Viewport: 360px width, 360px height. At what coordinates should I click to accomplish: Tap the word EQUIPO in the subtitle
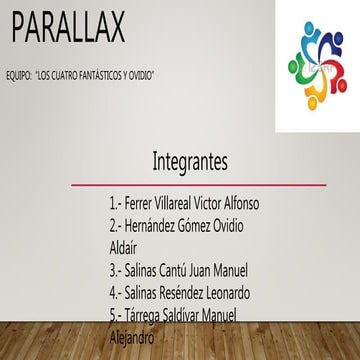(22, 75)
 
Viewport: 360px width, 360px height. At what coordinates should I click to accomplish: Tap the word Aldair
(126, 247)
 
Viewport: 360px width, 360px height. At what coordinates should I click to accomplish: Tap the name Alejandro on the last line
(132, 337)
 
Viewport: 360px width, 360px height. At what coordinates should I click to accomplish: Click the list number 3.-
(116, 270)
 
